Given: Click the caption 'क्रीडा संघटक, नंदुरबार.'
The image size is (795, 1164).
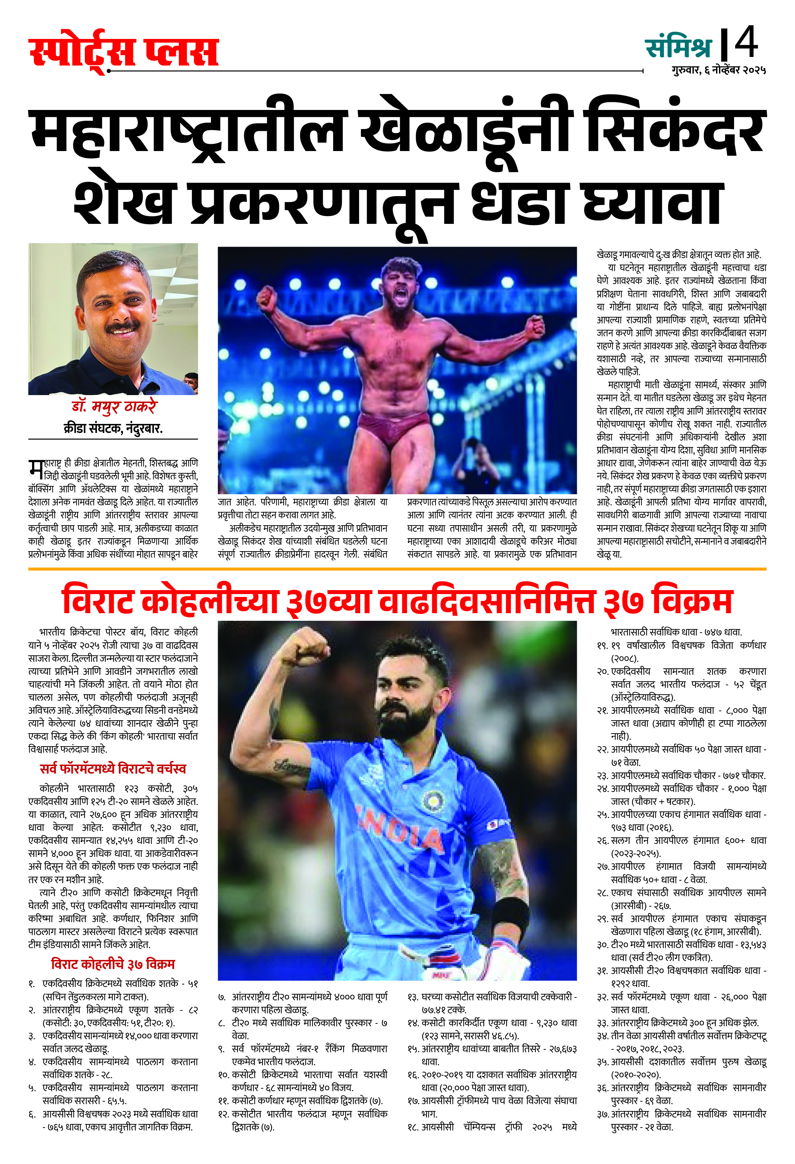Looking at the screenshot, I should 113,428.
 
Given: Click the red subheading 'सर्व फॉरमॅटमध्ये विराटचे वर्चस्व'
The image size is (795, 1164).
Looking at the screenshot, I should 113,769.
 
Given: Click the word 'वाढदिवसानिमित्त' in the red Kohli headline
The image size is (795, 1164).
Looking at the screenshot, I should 486,602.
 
